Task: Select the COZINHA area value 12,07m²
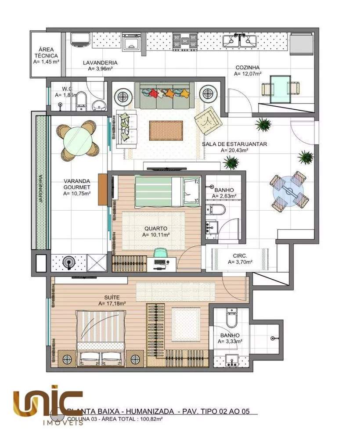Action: click(247, 74)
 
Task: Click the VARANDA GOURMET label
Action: click(77, 184)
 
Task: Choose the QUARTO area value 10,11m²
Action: click(156, 235)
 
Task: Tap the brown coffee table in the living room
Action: click(166, 130)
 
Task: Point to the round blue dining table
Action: click(288, 191)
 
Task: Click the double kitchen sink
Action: click(239, 40)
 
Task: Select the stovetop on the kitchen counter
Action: click(184, 40)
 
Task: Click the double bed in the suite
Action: click(101, 336)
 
